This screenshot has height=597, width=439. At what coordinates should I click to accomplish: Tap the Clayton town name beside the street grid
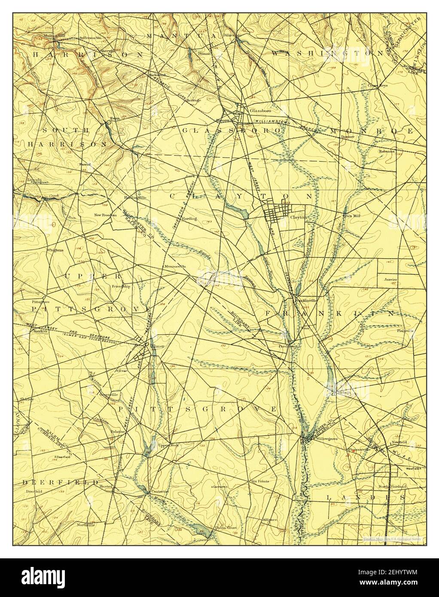pos(299,217)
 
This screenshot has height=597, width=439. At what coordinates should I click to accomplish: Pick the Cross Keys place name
pos(377,85)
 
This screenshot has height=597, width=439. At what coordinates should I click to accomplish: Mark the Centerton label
pos(159,491)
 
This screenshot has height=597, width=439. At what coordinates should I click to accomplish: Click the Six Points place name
pos(260,481)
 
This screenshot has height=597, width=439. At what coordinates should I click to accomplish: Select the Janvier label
pos(391,280)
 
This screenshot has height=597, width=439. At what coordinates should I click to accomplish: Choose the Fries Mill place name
pos(351,216)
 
